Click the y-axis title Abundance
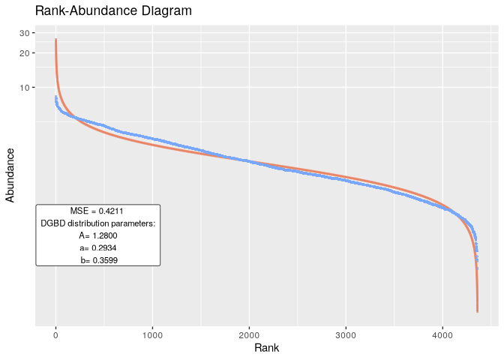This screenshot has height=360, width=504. (10, 175)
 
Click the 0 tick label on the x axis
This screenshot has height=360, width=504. (55, 333)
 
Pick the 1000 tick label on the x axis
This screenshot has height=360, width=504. (152, 333)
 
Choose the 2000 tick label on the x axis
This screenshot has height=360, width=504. (249, 333)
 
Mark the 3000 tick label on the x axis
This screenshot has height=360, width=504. (346, 333)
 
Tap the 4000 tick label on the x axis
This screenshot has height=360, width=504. (442, 333)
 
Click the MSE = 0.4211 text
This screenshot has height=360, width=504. (97, 211)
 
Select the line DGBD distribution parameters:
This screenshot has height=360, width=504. (97, 223)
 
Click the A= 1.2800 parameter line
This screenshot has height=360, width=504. (97, 235)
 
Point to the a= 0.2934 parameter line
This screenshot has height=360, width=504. (97, 247)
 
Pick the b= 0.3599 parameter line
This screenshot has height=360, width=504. (97, 259)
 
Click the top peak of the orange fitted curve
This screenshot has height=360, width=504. (55, 40)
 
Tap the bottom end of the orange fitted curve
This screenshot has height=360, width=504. (478, 310)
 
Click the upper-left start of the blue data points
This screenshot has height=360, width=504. (55, 97)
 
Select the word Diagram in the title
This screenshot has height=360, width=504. (168, 11)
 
